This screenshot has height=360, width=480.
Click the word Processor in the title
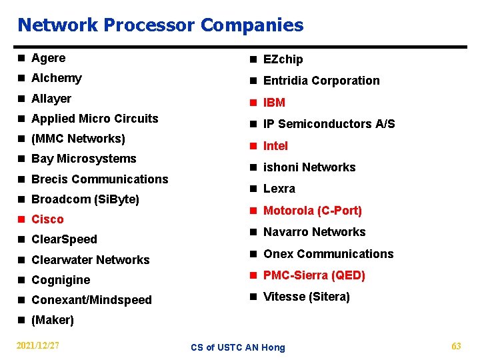click(143, 25)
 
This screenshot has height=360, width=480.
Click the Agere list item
click(49, 58)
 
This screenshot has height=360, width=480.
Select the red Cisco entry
click(47, 219)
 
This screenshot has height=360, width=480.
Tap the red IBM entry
click(274, 103)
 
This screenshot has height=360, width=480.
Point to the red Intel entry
click(275, 146)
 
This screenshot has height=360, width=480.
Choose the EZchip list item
click(283, 59)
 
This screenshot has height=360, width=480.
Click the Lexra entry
click(279, 189)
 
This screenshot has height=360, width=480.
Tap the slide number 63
click(456, 346)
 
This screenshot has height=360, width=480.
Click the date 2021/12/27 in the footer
click(38, 346)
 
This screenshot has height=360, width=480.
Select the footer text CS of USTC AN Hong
click(237, 347)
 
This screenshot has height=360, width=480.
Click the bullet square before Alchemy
click(22, 79)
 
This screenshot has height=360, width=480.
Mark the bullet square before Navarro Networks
click(254, 233)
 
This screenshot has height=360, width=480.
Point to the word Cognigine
click(61, 280)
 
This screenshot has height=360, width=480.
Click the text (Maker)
click(53, 320)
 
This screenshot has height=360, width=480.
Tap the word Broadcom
click(59, 199)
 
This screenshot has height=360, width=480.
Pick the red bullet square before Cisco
click(22, 219)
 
